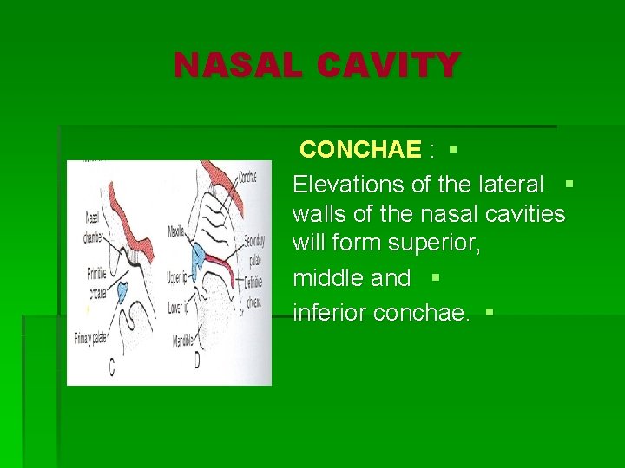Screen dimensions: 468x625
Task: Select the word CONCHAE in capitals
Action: [x=359, y=150]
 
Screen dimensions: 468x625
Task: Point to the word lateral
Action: [x=510, y=184]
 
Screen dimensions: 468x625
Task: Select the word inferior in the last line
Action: [x=330, y=312]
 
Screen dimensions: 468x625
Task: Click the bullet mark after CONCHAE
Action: [x=452, y=150]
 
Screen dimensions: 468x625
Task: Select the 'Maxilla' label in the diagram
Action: [x=179, y=232]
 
